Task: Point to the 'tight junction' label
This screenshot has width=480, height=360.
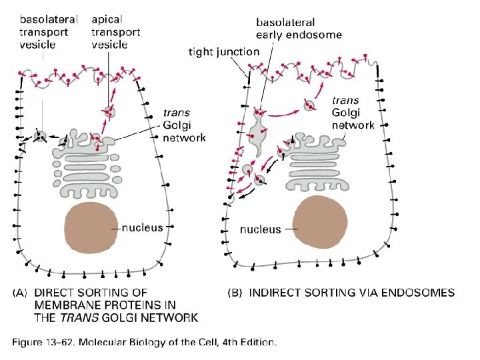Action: tap(223, 51)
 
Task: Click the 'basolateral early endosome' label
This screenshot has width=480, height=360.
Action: tap(299, 28)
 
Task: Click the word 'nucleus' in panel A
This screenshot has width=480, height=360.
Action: tap(142, 227)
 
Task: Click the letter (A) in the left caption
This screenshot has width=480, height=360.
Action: tap(20, 293)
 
